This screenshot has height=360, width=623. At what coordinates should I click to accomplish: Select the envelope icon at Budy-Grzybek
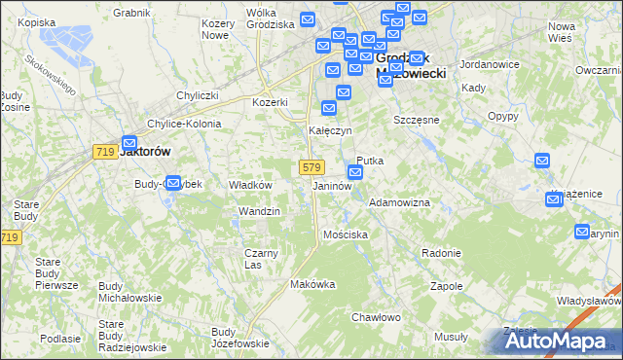(173, 182)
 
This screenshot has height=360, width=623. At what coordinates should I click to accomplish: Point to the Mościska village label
(346, 234)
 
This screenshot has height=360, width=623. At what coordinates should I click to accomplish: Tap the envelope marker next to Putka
(356, 173)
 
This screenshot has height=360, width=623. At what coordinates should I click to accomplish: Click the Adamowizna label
(399, 202)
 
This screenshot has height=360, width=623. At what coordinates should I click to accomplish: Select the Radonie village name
(441, 253)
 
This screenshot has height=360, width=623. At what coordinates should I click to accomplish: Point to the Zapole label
(447, 287)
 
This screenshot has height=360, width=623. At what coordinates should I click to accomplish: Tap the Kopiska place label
(35, 21)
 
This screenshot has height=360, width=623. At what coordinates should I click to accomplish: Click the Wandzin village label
(259, 211)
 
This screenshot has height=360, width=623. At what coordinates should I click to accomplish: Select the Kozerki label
(271, 102)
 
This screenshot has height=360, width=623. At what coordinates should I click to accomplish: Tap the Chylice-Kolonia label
(184, 125)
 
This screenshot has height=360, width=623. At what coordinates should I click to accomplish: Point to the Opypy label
(502, 115)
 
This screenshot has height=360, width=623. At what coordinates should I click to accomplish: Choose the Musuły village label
(451, 336)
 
